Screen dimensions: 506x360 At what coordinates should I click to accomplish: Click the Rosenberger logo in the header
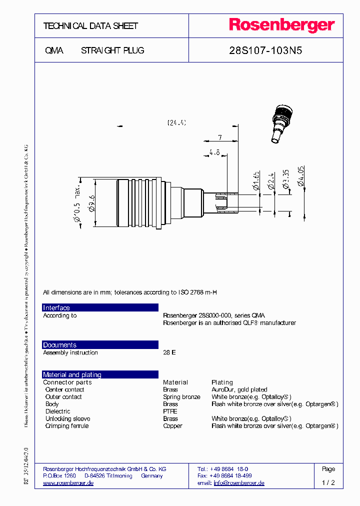pos(281,25)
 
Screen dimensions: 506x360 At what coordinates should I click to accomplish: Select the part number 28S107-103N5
pos(265,50)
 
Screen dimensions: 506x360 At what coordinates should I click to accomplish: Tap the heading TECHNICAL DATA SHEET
pos(90,25)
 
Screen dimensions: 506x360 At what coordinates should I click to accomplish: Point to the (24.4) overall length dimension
pos(176,122)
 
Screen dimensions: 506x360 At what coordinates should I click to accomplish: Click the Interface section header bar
pos(100,307)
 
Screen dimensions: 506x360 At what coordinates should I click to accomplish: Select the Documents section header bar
pos(100,345)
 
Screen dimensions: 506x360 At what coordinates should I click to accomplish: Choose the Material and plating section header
pos(100,374)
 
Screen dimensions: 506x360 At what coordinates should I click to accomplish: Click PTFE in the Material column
pos(170,411)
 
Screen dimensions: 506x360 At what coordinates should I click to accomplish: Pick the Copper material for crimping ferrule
pos(172,426)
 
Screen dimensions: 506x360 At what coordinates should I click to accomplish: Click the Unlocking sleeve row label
pos(67,418)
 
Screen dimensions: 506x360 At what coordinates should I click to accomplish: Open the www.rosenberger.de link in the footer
pos(68,483)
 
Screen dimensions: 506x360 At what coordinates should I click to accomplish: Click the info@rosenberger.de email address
pos(239,483)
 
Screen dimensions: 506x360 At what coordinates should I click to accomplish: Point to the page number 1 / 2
pos(328,483)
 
